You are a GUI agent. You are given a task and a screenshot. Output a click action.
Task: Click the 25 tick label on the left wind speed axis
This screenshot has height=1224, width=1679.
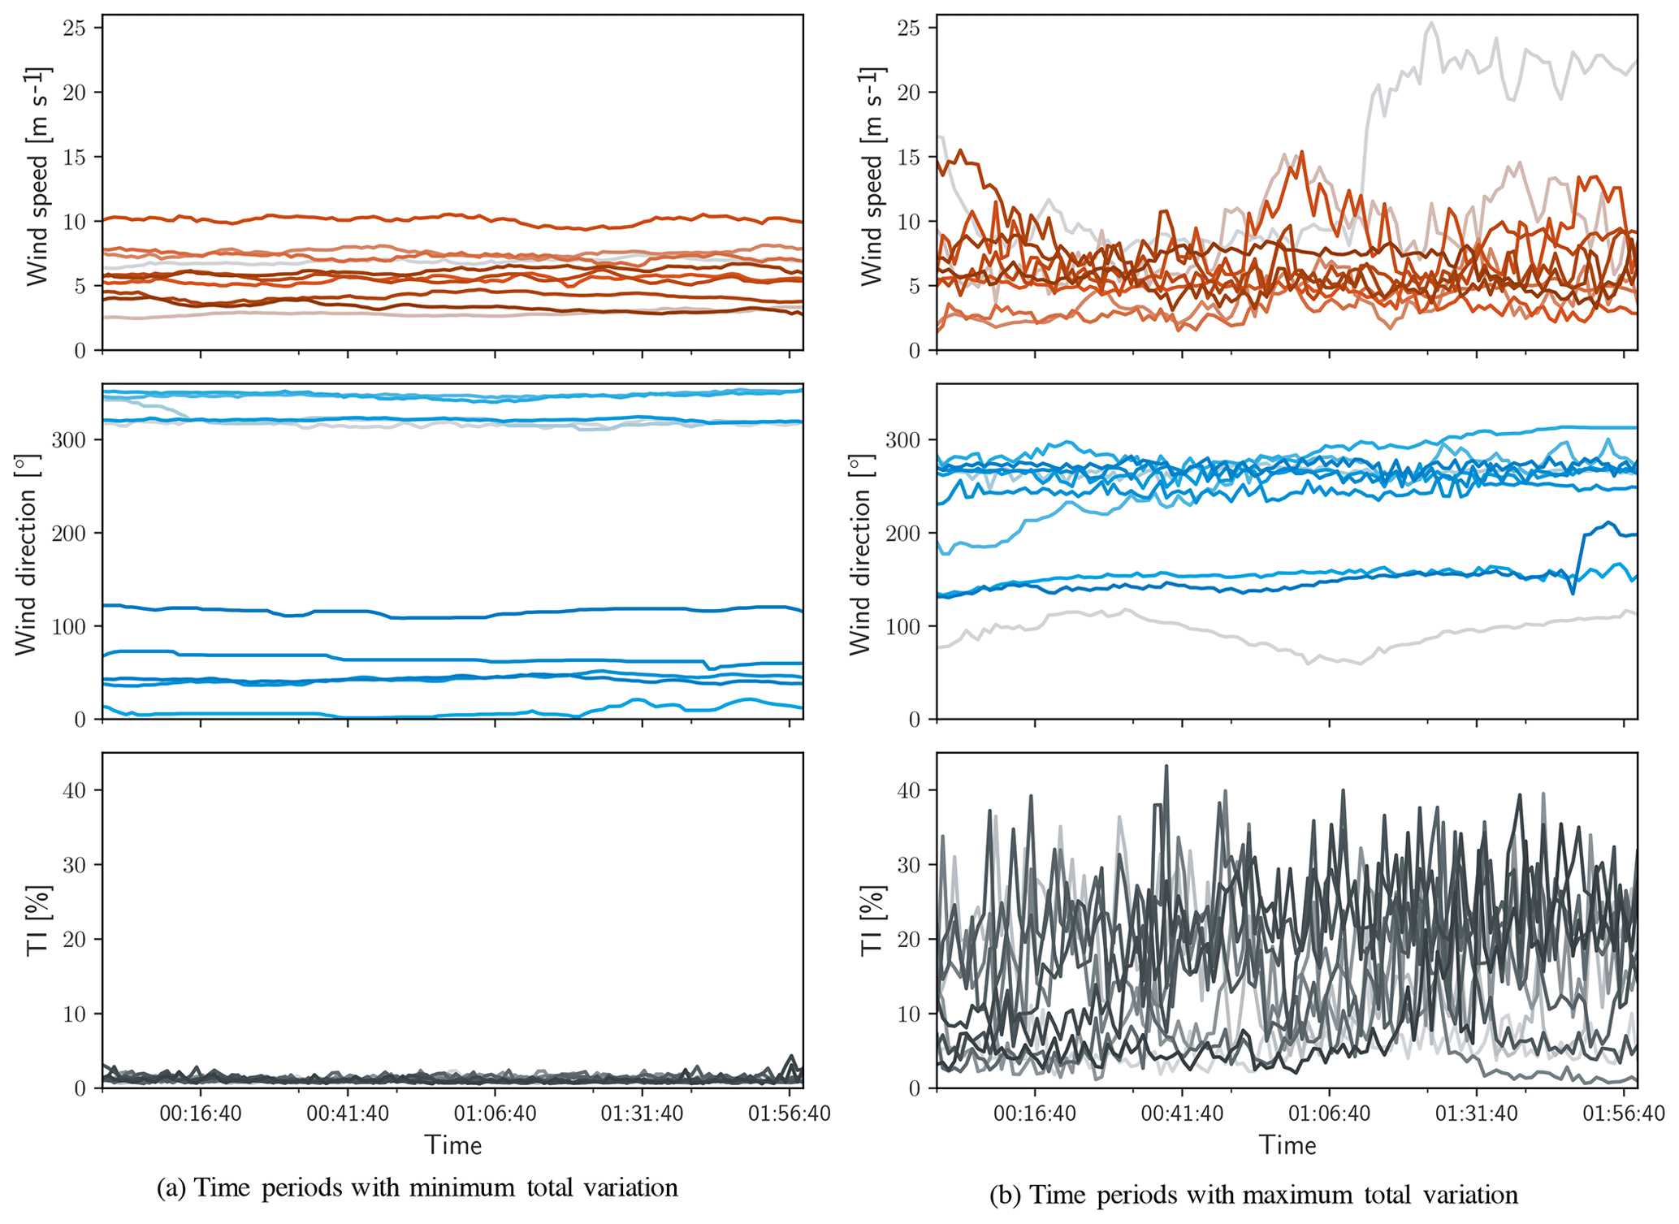(x=74, y=28)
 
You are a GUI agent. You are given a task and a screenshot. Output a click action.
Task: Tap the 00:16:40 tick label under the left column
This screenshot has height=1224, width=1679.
(x=201, y=1113)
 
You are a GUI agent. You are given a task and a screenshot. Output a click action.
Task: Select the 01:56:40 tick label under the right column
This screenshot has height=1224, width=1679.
(x=1623, y=1113)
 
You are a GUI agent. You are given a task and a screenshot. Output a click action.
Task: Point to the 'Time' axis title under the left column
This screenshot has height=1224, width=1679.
(x=453, y=1145)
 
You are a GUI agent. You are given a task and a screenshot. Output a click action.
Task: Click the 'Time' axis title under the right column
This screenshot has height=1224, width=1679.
(x=1287, y=1145)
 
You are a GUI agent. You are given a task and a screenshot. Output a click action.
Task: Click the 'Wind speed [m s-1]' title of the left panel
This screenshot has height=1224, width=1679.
(x=37, y=177)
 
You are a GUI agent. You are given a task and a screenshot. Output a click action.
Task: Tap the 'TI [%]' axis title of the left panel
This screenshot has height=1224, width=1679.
(x=37, y=921)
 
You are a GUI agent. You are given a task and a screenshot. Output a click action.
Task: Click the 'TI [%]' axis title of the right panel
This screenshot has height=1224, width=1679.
(x=872, y=921)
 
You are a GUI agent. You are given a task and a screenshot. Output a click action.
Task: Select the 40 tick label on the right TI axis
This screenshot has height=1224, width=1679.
(x=909, y=790)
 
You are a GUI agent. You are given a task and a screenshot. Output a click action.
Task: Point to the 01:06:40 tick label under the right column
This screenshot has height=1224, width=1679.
(x=1329, y=1113)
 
